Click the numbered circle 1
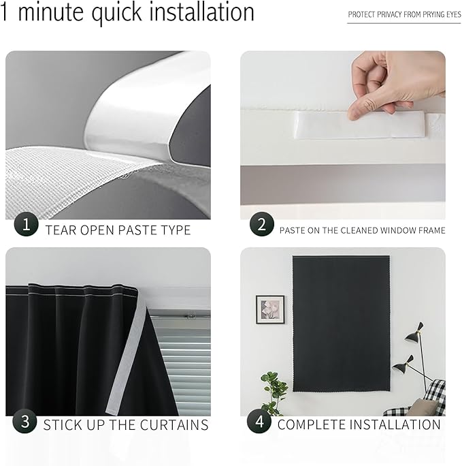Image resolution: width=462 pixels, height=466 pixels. [x=27, y=224]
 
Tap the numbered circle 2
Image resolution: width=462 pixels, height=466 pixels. [x=261, y=224]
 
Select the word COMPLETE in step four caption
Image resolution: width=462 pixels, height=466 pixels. [x=311, y=425]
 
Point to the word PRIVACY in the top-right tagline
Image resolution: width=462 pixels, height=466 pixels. [x=392, y=14]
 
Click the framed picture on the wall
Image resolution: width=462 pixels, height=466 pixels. [x=270, y=309]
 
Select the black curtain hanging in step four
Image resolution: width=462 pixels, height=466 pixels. [x=341, y=324]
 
